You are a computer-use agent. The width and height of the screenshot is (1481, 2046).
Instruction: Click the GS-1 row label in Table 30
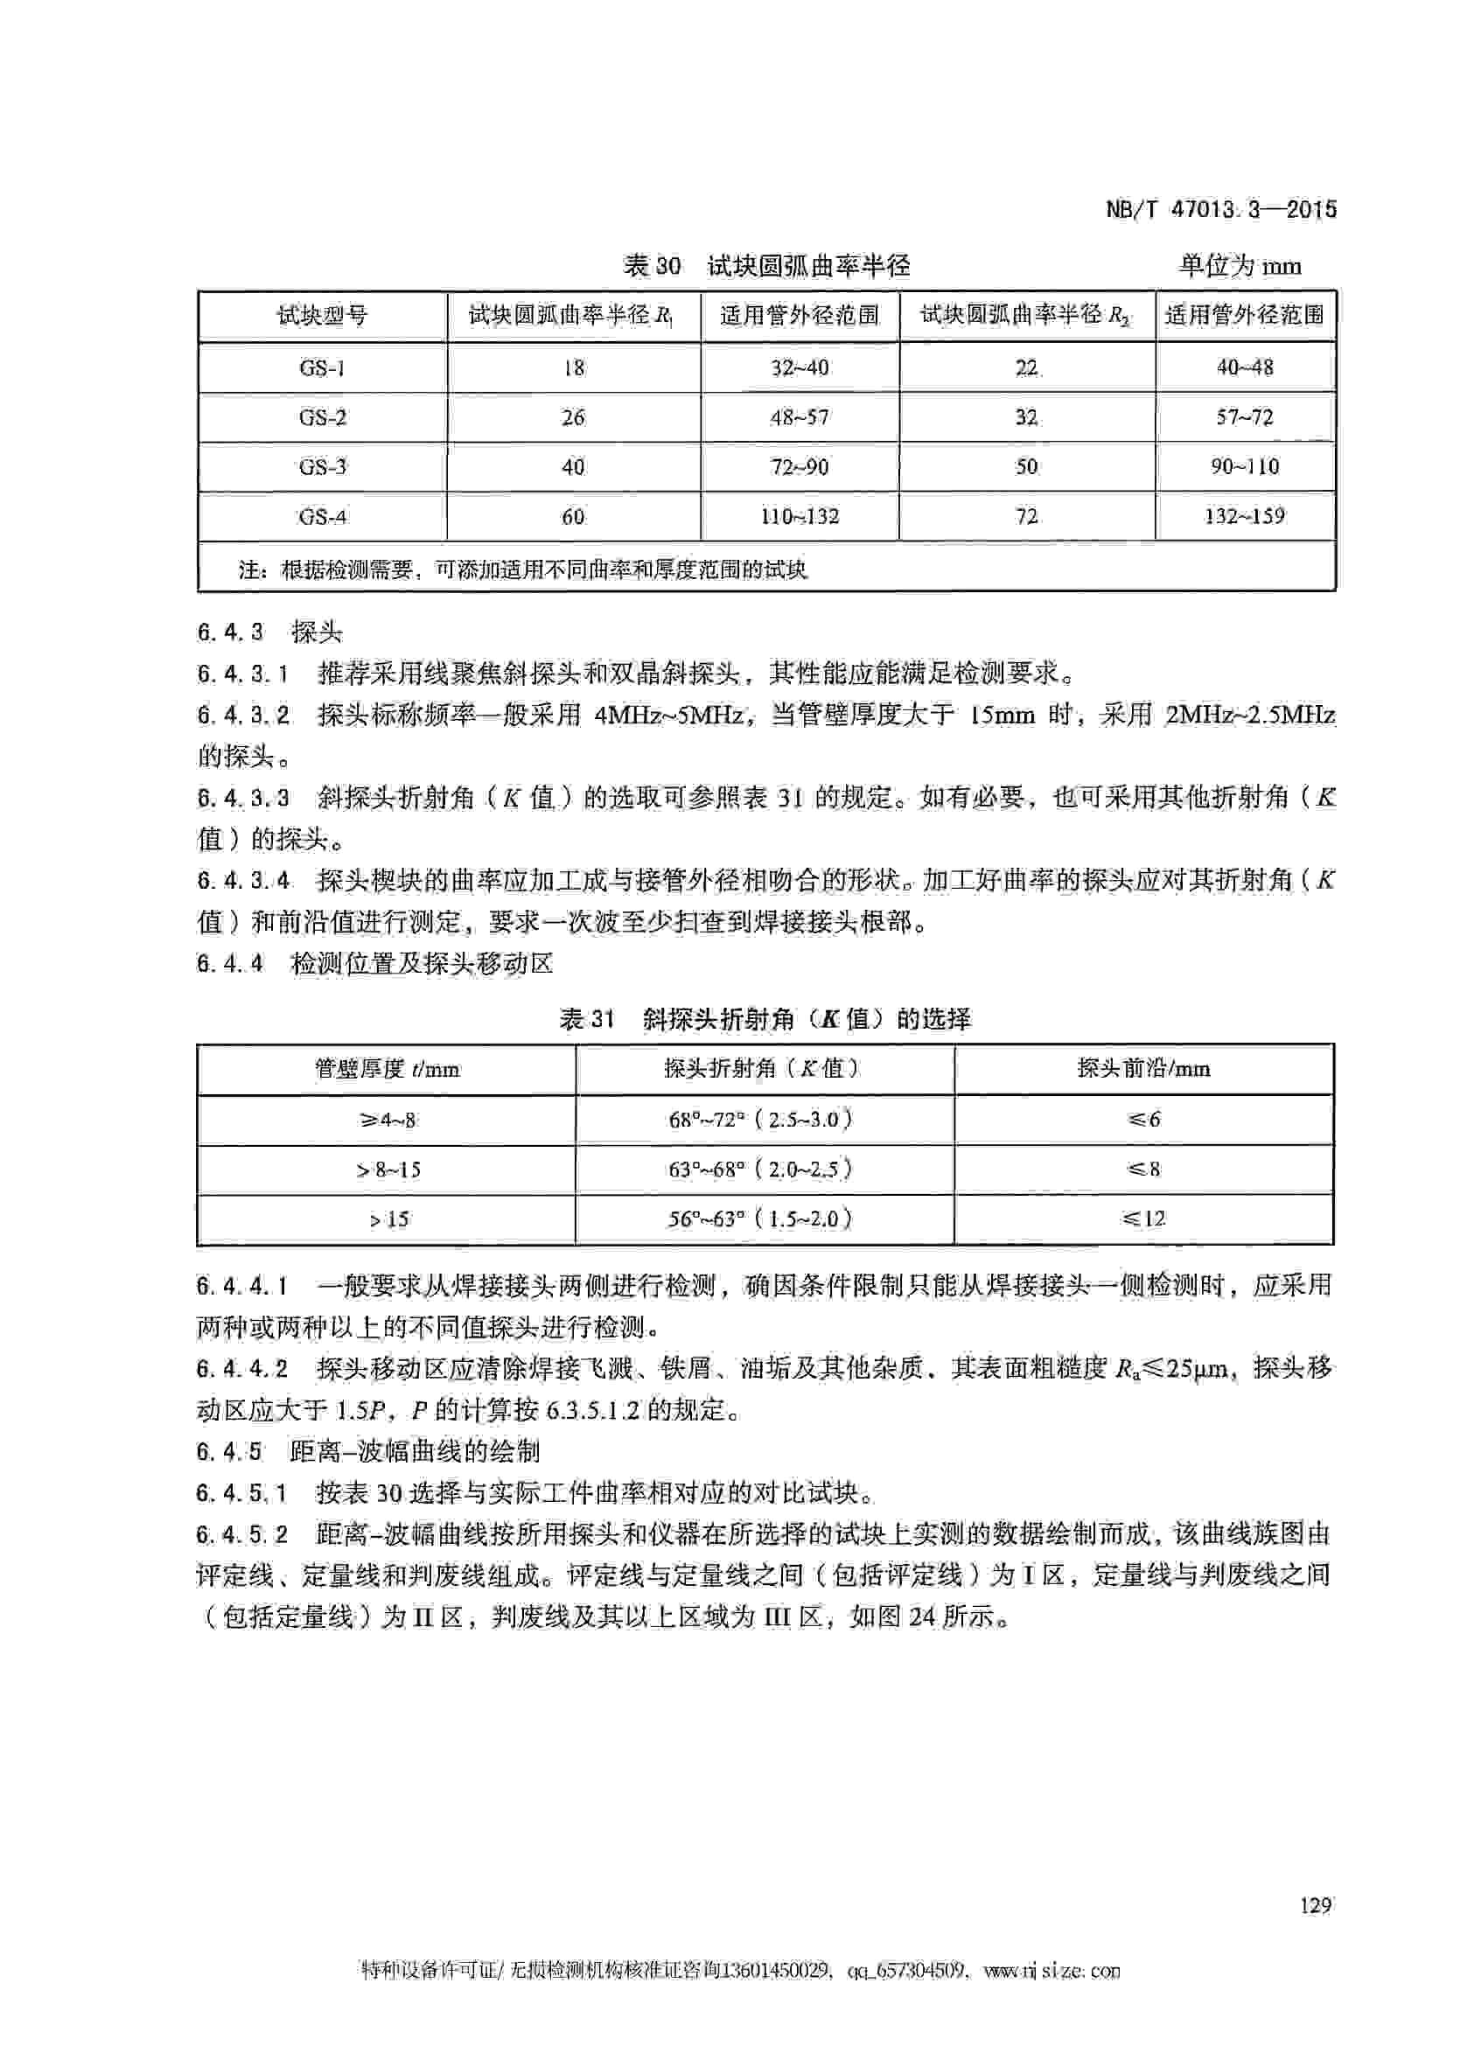(x=322, y=368)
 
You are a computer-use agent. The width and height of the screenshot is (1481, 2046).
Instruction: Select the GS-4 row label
(x=322, y=517)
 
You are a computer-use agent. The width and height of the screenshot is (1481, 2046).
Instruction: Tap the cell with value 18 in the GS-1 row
(x=574, y=368)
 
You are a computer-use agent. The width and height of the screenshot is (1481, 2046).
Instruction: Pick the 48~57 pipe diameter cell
(x=800, y=417)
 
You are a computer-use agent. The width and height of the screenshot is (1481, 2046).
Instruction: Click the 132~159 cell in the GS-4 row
(x=1244, y=517)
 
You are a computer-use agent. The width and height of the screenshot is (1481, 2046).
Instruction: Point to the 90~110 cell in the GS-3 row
(x=1244, y=467)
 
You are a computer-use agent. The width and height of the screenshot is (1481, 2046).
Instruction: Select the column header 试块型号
(x=322, y=316)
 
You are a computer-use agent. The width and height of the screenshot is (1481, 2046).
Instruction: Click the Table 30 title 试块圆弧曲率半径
(x=808, y=266)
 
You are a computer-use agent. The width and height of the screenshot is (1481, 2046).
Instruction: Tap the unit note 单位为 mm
(x=1240, y=266)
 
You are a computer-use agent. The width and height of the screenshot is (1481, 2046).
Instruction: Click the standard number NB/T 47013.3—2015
(x=1221, y=210)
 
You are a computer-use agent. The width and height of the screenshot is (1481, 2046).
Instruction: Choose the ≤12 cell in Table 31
(x=1142, y=1219)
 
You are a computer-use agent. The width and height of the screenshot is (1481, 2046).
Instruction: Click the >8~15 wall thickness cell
(x=387, y=1170)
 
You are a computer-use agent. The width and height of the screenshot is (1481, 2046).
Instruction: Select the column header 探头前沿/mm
(x=1142, y=1069)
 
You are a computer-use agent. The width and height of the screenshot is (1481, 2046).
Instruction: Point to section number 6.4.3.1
(x=241, y=673)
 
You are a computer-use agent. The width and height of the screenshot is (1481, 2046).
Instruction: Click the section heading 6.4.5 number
(x=229, y=1451)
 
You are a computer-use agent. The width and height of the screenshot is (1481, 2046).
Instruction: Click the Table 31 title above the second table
(x=765, y=1019)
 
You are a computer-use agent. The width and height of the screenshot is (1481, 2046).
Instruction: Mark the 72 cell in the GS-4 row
(x=1026, y=517)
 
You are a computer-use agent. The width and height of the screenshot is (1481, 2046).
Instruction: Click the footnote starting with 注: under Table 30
(x=523, y=569)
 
